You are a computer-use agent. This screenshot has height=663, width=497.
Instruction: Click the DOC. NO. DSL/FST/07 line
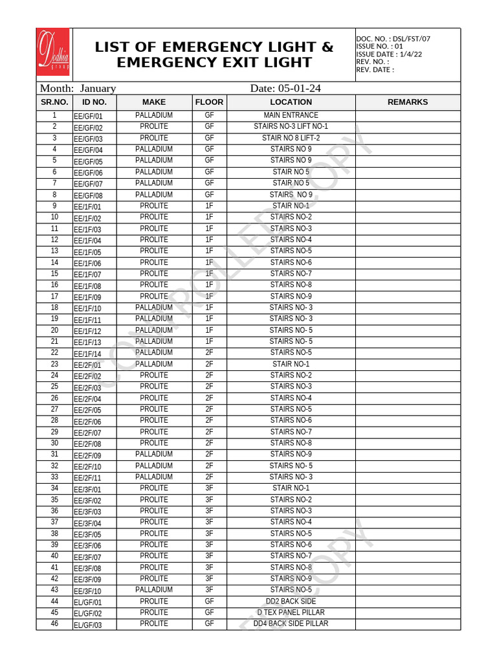pos(393,39)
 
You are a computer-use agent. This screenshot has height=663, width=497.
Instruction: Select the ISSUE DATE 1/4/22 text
pos(388,54)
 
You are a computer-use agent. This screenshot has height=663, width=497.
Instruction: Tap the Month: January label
pos(78,88)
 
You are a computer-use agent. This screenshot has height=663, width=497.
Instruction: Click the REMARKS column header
pos(407,102)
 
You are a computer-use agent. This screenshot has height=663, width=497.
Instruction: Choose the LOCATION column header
pos(291,102)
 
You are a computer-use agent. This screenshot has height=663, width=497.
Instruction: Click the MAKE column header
pos(154,102)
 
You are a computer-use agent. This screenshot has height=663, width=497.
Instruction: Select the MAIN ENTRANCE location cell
pos(291,115)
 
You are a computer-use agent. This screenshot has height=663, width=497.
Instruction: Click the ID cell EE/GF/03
pos(88,139)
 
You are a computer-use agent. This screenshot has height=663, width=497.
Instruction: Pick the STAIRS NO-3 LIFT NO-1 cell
pos(291,127)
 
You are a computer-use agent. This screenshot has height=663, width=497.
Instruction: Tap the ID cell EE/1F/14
pos(88,354)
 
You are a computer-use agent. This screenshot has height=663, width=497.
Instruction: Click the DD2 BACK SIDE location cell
pos(291,601)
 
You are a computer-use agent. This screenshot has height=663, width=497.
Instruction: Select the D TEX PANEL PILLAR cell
pos(291,612)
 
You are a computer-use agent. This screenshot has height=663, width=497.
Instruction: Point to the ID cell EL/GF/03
pos(88,625)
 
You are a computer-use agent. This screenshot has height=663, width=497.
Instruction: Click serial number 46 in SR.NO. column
pos(54,624)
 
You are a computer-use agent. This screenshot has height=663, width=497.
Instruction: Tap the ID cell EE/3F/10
pos(88,591)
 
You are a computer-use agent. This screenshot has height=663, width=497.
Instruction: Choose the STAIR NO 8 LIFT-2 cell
pos(291,138)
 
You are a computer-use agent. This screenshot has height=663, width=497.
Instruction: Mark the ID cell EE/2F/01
pos(88,365)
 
